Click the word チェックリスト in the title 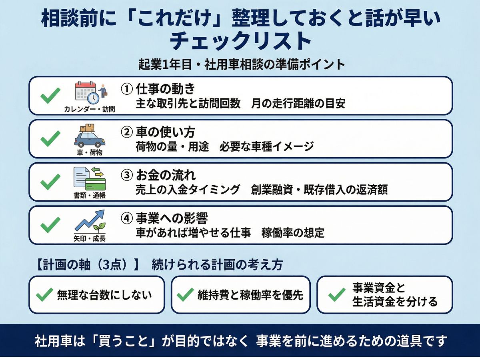click(240, 41)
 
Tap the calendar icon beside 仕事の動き click(85, 92)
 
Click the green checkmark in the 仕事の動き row click(50, 96)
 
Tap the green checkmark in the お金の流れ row click(50, 182)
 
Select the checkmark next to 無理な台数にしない click(44, 295)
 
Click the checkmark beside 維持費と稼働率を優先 click(185, 295)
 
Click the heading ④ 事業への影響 click(164, 218)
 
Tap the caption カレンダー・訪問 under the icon click(89, 109)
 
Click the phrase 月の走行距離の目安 click(298, 104)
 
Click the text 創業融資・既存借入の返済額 click(319, 190)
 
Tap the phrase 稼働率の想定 click(293, 233)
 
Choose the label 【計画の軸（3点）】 click(86, 265)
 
